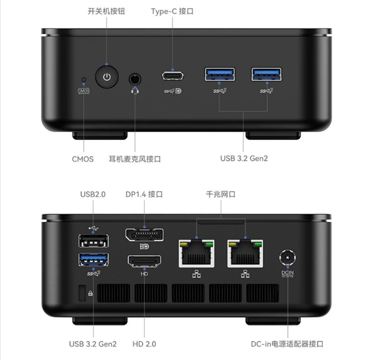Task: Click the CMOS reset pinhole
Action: click(84, 80)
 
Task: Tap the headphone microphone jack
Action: click(135, 79)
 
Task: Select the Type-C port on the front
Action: click(173, 76)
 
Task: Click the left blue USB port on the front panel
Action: click(219, 74)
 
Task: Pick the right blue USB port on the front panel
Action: click(267, 74)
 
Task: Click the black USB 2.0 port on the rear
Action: click(94, 241)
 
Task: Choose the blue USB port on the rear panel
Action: click(94, 260)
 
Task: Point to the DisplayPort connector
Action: click(144, 235)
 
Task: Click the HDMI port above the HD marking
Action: click(144, 261)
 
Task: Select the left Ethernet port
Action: click(197, 253)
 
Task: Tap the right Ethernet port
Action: click(245, 253)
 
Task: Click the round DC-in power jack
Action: click(288, 258)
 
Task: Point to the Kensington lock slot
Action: click(82, 293)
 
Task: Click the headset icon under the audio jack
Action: click(135, 90)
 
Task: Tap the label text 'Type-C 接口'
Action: click(172, 11)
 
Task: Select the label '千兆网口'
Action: click(221, 194)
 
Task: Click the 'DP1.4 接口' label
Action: click(144, 194)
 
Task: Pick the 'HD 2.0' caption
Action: click(144, 344)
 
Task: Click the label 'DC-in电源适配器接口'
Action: click(287, 344)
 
